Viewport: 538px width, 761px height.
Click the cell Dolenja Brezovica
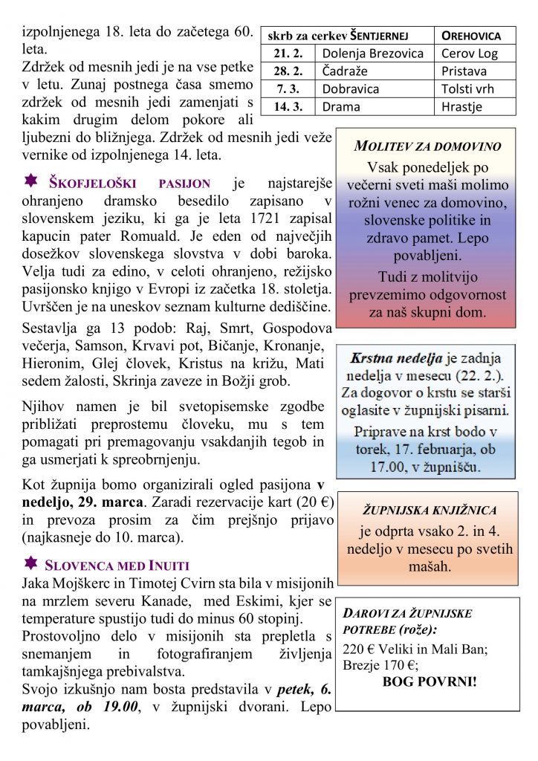coord(372,53)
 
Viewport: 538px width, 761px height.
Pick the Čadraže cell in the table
coord(346,71)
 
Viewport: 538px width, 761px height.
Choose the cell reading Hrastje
coord(461,106)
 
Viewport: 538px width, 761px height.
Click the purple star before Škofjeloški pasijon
coord(31,181)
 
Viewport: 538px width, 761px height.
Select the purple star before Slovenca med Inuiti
coord(31,563)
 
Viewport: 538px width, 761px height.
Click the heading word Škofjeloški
coord(97,183)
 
